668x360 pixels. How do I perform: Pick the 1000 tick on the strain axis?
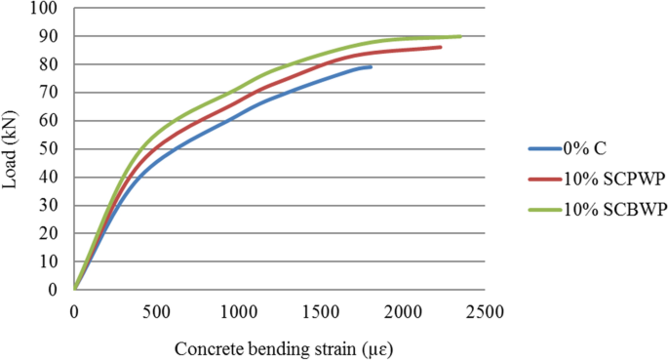pyautogui.click(x=238, y=311)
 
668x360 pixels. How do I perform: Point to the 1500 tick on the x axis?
pyautogui.click(x=320, y=311)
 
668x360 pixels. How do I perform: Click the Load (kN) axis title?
pyautogui.click(x=14, y=148)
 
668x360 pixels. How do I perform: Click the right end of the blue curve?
pyautogui.click(x=371, y=66)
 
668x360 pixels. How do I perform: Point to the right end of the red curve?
pyautogui.click(x=441, y=47)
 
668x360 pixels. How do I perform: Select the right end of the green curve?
pyautogui.click(x=460, y=36)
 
